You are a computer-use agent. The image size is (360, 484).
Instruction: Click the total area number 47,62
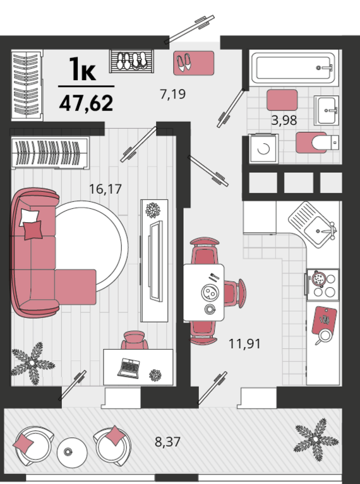click(87, 103)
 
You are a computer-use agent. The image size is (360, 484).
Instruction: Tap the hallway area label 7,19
click(173, 94)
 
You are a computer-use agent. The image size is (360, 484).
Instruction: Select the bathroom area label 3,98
click(284, 121)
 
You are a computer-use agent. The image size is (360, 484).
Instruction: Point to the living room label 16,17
click(105, 189)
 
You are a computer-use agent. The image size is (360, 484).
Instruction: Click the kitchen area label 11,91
click(244, 343)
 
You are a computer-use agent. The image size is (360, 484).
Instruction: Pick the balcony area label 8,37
click(167, 442)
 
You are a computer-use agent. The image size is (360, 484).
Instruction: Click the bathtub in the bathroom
click(292, 68)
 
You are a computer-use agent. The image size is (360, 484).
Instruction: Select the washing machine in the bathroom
click(263, 149)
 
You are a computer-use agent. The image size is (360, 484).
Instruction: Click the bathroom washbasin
click(327, 110)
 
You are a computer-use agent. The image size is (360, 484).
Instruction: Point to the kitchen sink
click(313, 225)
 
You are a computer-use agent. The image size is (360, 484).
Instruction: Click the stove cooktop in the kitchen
click(322, 285)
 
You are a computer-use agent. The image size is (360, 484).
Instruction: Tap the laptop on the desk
click(129, 369)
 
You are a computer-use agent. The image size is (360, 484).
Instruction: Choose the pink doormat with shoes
click(194, 63)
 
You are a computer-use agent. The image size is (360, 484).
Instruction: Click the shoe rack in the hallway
click(131, 61)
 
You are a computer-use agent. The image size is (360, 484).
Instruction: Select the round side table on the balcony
click(72, 453)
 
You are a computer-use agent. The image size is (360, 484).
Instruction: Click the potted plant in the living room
click(33, 363)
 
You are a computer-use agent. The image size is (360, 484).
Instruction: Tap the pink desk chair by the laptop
click(135, 340)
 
